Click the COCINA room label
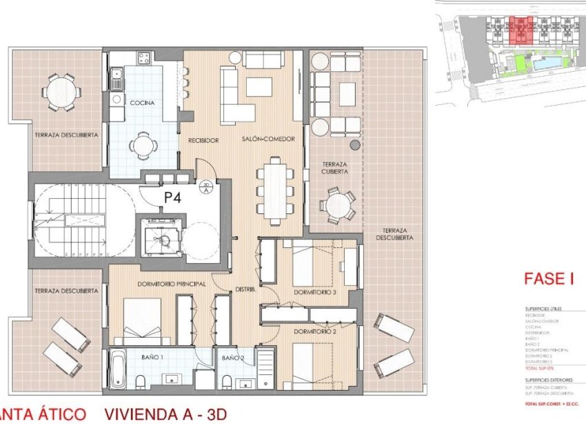[x=141, y=103]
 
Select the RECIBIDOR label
[x=203, y=140]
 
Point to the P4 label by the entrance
[x=172, y=197]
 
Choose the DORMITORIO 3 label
[x=314, y=292]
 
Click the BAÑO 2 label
[x=233, y=357]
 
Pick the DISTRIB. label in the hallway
[x=246, y=289]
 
